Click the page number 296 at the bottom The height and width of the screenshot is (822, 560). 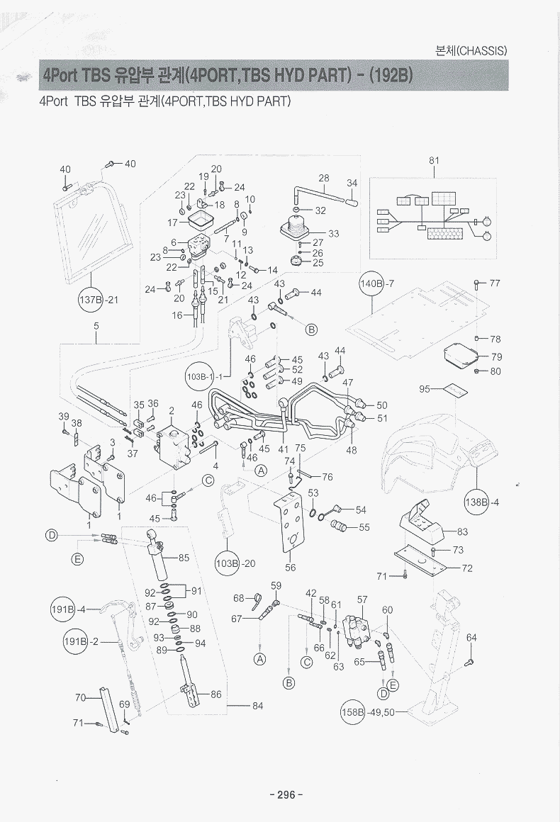286,794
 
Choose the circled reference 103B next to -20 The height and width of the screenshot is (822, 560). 228,563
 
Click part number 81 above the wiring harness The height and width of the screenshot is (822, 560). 434,161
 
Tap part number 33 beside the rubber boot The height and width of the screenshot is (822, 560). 333,233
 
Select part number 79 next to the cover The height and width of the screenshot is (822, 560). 495,356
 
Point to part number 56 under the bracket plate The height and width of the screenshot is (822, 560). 290,567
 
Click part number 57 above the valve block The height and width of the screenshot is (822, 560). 362,599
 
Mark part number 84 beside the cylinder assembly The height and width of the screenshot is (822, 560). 257,705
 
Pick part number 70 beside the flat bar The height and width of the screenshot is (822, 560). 80,697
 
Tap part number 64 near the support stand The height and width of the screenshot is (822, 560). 471,638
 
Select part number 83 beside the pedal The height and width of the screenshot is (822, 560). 462,531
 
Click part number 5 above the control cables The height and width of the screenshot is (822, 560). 96,327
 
